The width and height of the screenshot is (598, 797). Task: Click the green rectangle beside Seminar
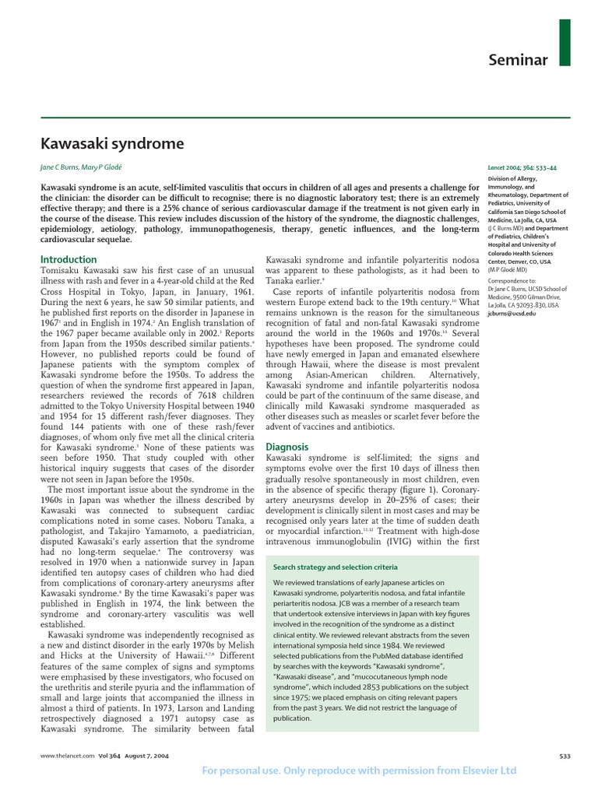click(565, 42)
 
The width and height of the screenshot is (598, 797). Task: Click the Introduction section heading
click(69, 259)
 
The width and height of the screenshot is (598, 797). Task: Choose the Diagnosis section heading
click(288, 447)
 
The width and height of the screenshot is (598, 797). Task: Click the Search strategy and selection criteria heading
click(336, 567)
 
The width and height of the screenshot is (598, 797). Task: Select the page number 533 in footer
click(565, 756)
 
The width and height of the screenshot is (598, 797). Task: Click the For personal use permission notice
click(359, 771)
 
